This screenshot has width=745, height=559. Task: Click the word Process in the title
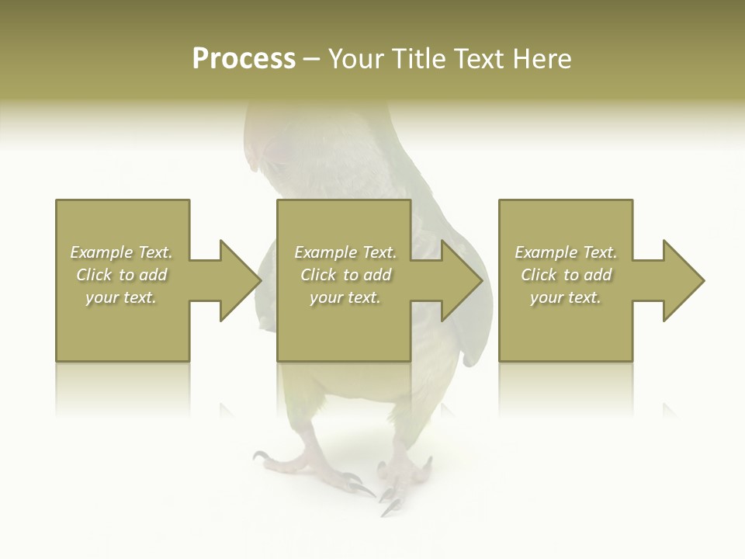[x=244, y=59]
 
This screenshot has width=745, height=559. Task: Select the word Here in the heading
[x=542, y=59]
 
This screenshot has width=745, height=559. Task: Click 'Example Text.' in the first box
[x=122, y=252]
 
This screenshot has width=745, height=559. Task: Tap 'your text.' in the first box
[x=122, y=297]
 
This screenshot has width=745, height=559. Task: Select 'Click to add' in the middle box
[x=345, y=275]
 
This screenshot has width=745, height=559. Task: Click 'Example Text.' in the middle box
[x=345, y=252]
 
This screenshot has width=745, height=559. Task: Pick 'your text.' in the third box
[x=566, y=297]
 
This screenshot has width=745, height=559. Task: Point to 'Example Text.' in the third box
[x=566, y=252]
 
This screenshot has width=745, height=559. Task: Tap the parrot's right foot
[x=404, y=477]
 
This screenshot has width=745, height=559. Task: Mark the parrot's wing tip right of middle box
[x=473, y=353]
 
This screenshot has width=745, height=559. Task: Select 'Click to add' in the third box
[x=566, y=275]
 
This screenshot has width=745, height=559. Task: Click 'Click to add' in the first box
[x=122, y=275]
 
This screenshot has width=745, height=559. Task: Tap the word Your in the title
[x=359, y=59]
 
